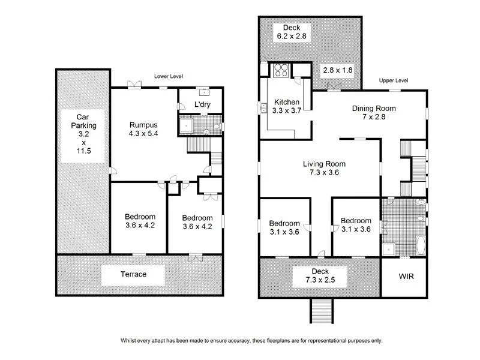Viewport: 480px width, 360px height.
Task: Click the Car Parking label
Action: coord(83,135)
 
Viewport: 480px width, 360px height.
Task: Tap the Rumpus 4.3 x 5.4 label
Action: coord(144,129)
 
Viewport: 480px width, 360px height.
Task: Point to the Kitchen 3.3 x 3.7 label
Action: coord(287,106)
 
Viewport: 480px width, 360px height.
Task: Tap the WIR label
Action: coord(406,277)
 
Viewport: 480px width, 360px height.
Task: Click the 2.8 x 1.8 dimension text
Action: coord(338,70)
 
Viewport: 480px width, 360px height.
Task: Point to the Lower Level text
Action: coord(168,77)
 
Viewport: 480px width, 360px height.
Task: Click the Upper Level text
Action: coord(394,80)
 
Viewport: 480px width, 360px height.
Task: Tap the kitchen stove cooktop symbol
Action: coord(281,70)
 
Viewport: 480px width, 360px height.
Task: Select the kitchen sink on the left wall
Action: coord(263,109)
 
